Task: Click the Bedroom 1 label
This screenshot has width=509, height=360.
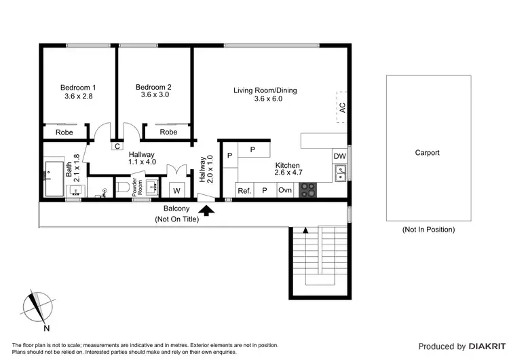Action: click(77, 87)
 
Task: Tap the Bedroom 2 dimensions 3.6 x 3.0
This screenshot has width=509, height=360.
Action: click(154, 95)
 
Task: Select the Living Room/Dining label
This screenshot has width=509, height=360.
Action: click(265, 90)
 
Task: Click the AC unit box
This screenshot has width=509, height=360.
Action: click(342, 107)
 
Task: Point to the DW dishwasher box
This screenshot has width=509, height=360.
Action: click(339, 156)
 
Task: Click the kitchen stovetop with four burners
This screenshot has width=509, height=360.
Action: click(307, 190)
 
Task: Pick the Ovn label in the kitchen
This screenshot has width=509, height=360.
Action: click(285, 190)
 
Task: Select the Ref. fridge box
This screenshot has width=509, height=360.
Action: click(244, 191)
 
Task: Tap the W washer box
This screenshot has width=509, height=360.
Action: click(176, 190)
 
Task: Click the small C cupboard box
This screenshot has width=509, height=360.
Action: click(117, 145)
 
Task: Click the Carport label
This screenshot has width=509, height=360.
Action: click(427, 153)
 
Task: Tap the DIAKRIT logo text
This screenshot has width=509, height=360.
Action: click(478, 346)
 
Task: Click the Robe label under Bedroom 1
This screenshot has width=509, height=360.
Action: click(64, 132)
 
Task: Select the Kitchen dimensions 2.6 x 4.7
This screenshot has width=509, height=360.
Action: click(288, 173)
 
